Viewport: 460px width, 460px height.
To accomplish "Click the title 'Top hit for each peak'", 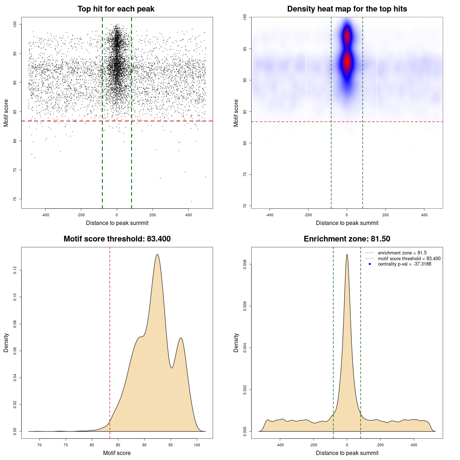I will pos(116,9).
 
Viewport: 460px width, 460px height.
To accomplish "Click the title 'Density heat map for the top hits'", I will pos(347,9).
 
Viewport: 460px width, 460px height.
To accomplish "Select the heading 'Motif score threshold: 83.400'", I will pos(117,239).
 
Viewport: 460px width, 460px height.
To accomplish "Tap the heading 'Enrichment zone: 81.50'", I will pos(347,239).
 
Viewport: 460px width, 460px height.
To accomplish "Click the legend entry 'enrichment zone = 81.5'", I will pos(402,253).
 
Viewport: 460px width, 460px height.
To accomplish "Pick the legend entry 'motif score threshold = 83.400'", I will pos(409,258).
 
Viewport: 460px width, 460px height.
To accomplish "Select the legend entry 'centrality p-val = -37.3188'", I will pos(404,264).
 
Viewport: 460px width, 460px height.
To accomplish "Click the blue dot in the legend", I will pos(370,264).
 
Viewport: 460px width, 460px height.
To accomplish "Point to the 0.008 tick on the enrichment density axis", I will pos(245,264).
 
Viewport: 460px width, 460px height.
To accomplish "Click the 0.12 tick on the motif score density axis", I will pos(15,270).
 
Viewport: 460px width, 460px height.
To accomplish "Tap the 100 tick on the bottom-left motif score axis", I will pos(197,445).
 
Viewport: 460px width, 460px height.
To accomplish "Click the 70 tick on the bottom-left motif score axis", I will pos(40,445).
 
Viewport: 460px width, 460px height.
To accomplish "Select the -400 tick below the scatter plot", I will pos(45,215).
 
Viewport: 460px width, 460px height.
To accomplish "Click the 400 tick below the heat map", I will pos(424,215).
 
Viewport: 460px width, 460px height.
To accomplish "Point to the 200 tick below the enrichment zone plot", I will pos(380,445).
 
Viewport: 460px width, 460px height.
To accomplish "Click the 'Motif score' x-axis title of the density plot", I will pos(117,453).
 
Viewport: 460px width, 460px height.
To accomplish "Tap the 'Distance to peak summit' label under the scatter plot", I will pos(117,223).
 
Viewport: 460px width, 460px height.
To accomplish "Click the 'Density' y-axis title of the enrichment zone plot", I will pos(236,342).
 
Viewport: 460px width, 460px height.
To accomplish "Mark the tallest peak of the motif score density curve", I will pos(157,254).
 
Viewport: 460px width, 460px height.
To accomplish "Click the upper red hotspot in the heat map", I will pos(347,36).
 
